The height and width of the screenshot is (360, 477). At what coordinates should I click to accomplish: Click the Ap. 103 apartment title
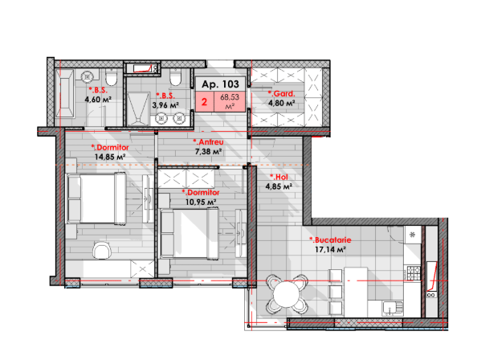(x=221, y=84)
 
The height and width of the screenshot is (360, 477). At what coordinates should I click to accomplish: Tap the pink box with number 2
(x=205, y=101)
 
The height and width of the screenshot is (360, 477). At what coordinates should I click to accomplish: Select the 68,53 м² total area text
(x=230, y=101)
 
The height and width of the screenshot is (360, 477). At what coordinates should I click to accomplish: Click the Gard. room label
(x=281, y=94)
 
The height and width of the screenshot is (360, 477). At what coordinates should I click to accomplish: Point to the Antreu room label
(x=208, y=142)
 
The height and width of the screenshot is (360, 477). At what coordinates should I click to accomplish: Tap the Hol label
(x=279, y=177)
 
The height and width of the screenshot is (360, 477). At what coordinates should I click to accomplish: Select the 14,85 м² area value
(x=110, y=157)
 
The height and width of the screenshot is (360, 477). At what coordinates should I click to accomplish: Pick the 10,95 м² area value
(x=201, y=202)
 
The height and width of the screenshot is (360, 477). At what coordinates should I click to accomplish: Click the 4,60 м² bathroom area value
(x=98, y=100)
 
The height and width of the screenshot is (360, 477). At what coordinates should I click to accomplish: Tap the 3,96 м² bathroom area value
(x=165, y=105)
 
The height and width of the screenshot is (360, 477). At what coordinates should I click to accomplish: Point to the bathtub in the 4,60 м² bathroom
(x=64, y=93)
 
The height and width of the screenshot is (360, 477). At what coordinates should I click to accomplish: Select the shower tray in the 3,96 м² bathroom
(x=138, y=108)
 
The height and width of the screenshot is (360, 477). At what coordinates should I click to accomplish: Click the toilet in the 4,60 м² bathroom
(x=112, y=77)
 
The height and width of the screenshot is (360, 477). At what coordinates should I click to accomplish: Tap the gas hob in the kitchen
(x=414, y=273)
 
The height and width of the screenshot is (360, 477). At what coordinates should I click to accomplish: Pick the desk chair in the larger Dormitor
(x=102, y=251)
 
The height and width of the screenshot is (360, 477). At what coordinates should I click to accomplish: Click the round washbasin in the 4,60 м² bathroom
(x=88, y=76)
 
